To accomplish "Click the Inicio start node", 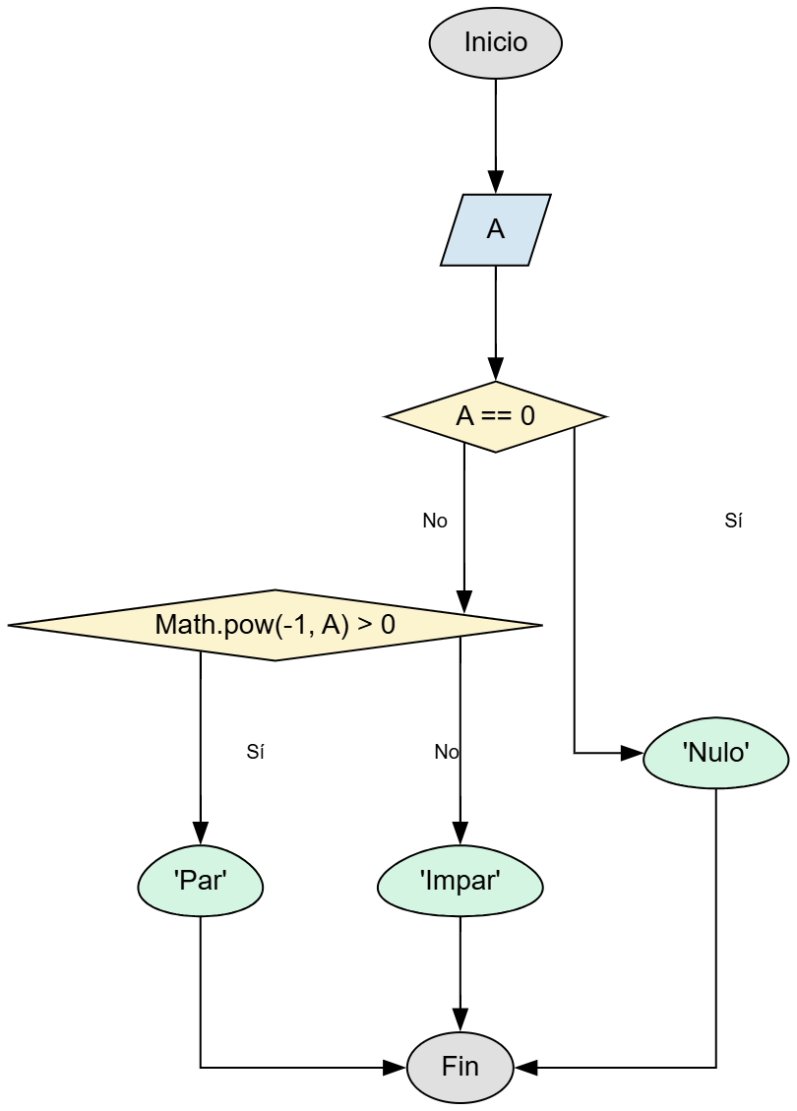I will click(495, 43).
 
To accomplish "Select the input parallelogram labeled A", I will click(495, 229).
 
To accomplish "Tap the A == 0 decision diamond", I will click(495, 416).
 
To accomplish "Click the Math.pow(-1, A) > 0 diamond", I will click(275, 625).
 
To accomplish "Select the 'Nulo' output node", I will click(715, 754).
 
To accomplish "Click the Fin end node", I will click(460, 1067).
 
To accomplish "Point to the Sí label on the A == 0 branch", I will click(733, 522).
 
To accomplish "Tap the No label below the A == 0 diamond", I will click(435, 522).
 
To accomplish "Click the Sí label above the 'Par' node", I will click(256, 753).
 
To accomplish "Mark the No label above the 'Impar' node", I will click(447, 753).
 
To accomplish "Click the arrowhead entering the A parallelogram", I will click(495, 183).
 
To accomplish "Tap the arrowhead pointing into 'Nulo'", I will click(631, 754).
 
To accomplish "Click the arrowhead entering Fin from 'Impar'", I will click(460, 1019).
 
